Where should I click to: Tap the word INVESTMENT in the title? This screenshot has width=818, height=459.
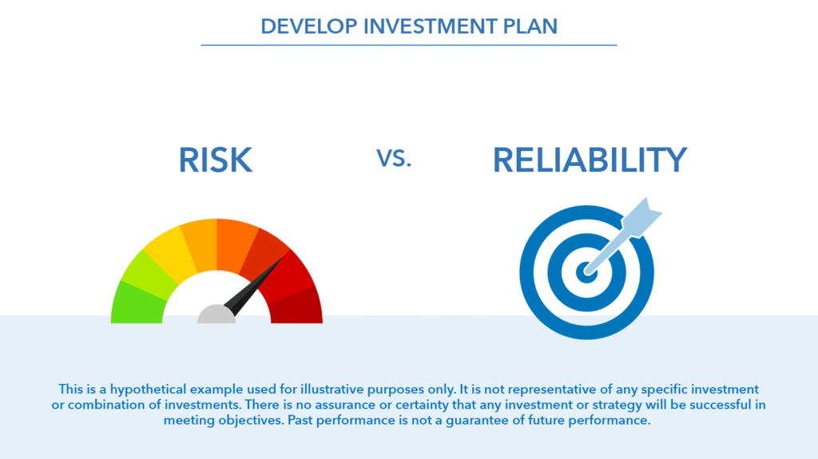pyautogui.click(x=430, y=26)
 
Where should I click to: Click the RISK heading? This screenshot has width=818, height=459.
pyautogui.click(x=216, y=160)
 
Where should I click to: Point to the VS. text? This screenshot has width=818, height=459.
pyautogui.click(x=394, y=158)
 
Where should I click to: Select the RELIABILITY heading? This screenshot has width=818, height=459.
pyautogui.click(x=590, y=160)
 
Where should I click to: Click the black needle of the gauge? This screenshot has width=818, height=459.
pyautogui.click(x=254, y=285)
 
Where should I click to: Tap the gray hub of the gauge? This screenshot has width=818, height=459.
pyautogui.click(x=216, y=315)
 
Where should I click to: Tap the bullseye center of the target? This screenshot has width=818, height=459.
pyautogui.click(x=586, y=272)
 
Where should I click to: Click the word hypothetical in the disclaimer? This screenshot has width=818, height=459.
pyautogui.click(x=148, y=390)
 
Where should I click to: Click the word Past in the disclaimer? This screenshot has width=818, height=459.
pyautogui.click(x=300, y=420)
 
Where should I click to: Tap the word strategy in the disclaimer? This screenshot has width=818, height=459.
pyautogui.click(x=617, y=406)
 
